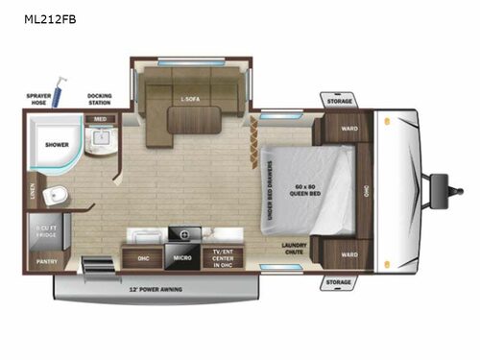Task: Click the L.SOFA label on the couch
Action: click(188, 99)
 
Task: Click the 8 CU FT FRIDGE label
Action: click(46, 231)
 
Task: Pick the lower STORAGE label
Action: click(339, 282)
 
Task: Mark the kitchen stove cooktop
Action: click(184, 234)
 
